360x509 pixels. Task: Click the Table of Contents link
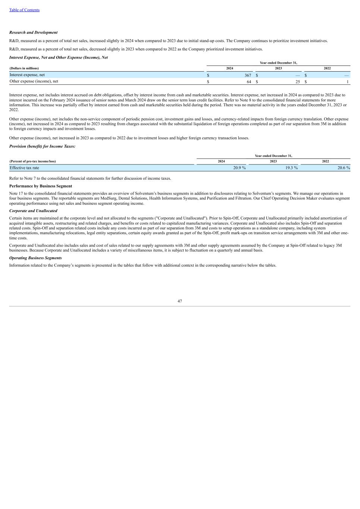pos(24,10)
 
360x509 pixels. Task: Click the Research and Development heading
pos(33,32)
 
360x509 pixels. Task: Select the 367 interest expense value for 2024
pos(248,75)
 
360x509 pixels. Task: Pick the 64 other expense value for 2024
pos(249,81)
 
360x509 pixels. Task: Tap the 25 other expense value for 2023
pos(298,81)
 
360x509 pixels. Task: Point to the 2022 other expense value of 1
pos(347,81)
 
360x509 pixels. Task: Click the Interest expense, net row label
pos(27,75)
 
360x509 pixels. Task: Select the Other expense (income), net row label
pos(34,81)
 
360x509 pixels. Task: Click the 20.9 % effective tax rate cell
pos(239,168)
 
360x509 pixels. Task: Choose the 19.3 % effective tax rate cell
pos(291,168)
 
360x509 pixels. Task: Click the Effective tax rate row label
pos(24,168)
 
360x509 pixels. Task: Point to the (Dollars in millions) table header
pos(24,68)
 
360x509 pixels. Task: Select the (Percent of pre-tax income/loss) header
pos(32,161)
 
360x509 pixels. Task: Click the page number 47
pos(180,301)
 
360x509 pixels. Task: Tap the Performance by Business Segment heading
pos(41,186)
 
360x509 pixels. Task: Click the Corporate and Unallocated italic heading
pos(33,211)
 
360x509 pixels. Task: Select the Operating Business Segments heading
pos(35,258)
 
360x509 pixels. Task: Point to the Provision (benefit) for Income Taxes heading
pos(42,147)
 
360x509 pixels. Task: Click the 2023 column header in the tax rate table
pos(273,161)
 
